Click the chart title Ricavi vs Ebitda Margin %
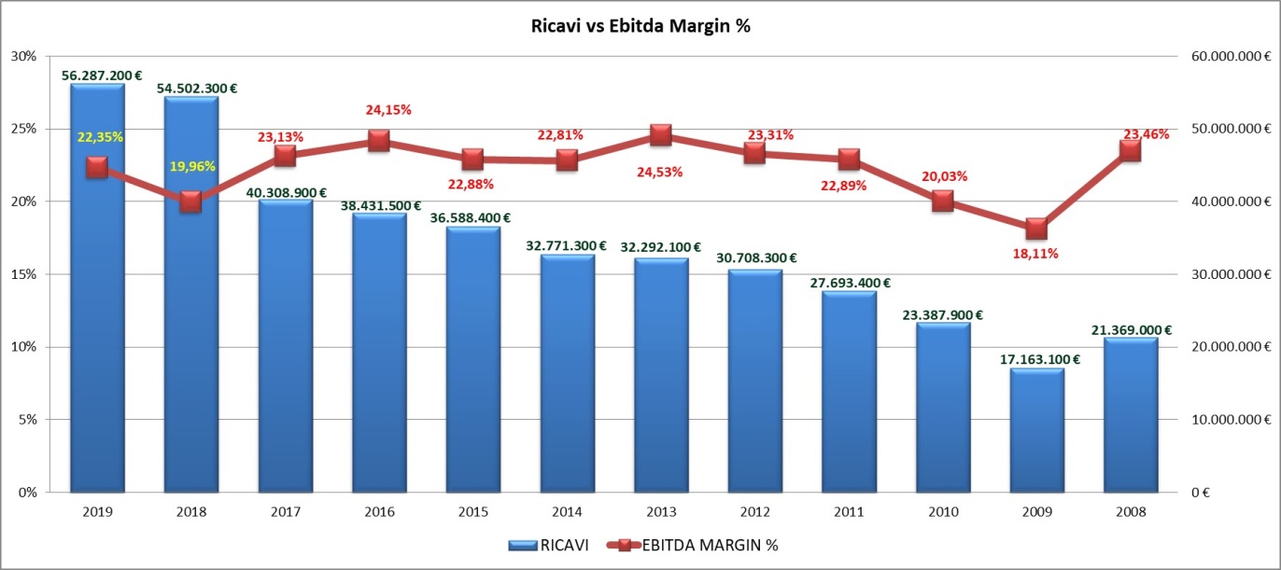(640, 27)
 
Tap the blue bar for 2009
(1037, 429)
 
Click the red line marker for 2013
(661, 135)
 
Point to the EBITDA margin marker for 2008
(1131, 150)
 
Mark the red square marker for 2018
(191, 202)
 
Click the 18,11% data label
(1037, 253)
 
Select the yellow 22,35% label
(100, 137)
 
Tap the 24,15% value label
(388, 110)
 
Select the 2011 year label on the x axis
(849, 512)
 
